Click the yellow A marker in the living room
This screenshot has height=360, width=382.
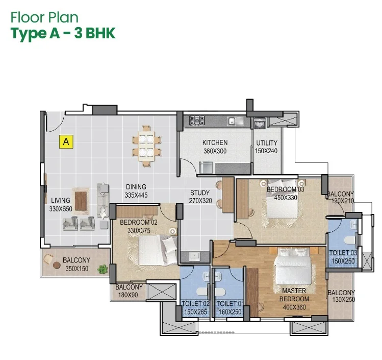point(66,141)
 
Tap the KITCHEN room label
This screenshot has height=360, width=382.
point(215,142)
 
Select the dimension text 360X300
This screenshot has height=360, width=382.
point(215,151)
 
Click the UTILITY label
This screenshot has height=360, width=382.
point(267,143)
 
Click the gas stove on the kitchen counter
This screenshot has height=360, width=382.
point(197,121)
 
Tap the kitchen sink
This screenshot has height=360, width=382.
point(235,121)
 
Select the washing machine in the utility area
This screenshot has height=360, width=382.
point(260,123)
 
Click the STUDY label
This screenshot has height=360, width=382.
point(200,193)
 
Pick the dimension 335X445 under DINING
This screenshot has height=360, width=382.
point(136,195)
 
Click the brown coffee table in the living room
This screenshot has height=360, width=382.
point(81,201)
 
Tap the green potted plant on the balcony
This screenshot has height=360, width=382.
point(103,269)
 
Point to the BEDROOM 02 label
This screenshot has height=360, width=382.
point(139,223)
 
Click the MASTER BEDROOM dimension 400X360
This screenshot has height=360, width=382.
point(294,307)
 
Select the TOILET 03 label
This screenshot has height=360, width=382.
point(343,253)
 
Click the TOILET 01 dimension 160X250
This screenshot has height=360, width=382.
point(230,312)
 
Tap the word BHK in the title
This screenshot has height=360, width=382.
point(100,33)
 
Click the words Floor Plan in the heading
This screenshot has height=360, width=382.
point(44,17)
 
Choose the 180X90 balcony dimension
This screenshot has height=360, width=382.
point(128,295)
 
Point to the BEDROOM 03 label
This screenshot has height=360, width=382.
point(285,189)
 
